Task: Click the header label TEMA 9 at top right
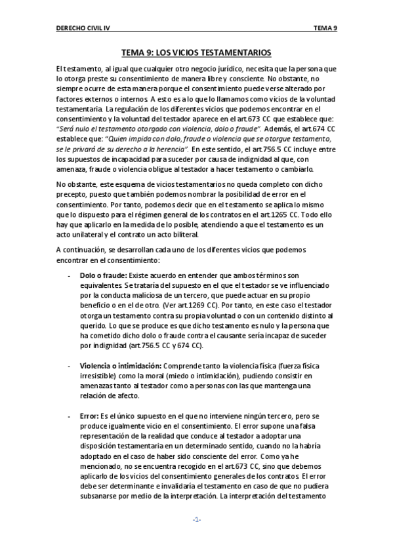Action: coord(325,28)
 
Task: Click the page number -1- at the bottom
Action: coord(196,519)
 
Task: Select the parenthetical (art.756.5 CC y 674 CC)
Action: coord(148,345)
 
